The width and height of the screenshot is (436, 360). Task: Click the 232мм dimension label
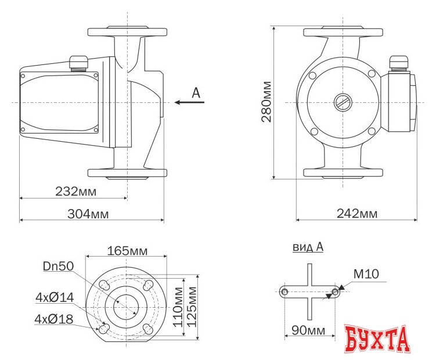(x=75, y=192)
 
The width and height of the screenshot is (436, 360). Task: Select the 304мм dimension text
(x=88, y=214)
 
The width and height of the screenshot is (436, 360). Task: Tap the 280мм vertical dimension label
(x=266, y=102)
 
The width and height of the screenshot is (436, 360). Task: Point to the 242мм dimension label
(x=357, y=213)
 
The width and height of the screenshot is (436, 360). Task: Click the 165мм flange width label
(x=127, y=251)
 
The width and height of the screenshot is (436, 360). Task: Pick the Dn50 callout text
(x=59, y=267)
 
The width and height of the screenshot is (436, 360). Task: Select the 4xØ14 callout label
(x=55, y=297)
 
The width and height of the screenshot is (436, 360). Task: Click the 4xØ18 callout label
(x=54, y=319)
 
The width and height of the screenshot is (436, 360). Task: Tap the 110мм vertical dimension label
(x=178, y=307)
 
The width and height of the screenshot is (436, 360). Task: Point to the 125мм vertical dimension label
(x=192, y=307)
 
